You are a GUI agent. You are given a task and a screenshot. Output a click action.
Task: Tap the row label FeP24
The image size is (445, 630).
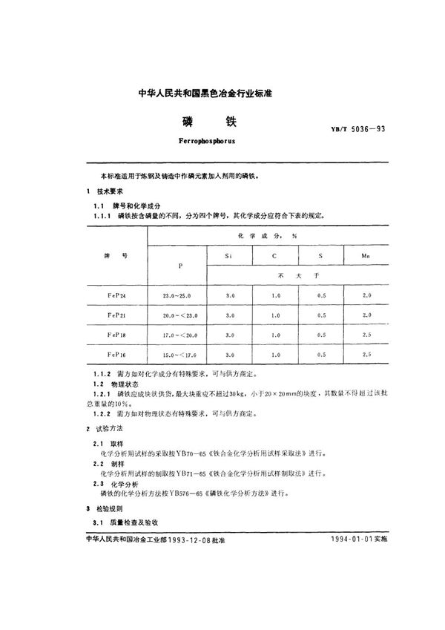pyautogui.click(x=116, y=295)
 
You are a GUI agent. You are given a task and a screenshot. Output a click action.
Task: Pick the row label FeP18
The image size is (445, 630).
pyautogui.click(x=116, y=335)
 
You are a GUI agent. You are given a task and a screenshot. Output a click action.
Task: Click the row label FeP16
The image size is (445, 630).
pyautogui.click(x=116, y=355)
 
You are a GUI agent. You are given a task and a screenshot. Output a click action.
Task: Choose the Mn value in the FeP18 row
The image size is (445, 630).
pyautogui.click(x=366, y=335)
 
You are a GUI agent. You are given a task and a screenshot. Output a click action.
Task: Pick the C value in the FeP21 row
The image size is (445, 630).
pyautogui.click(x=275, y=315)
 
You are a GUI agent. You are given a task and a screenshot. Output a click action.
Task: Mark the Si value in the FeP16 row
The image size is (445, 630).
pyautogui.click(x=229, y=355)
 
